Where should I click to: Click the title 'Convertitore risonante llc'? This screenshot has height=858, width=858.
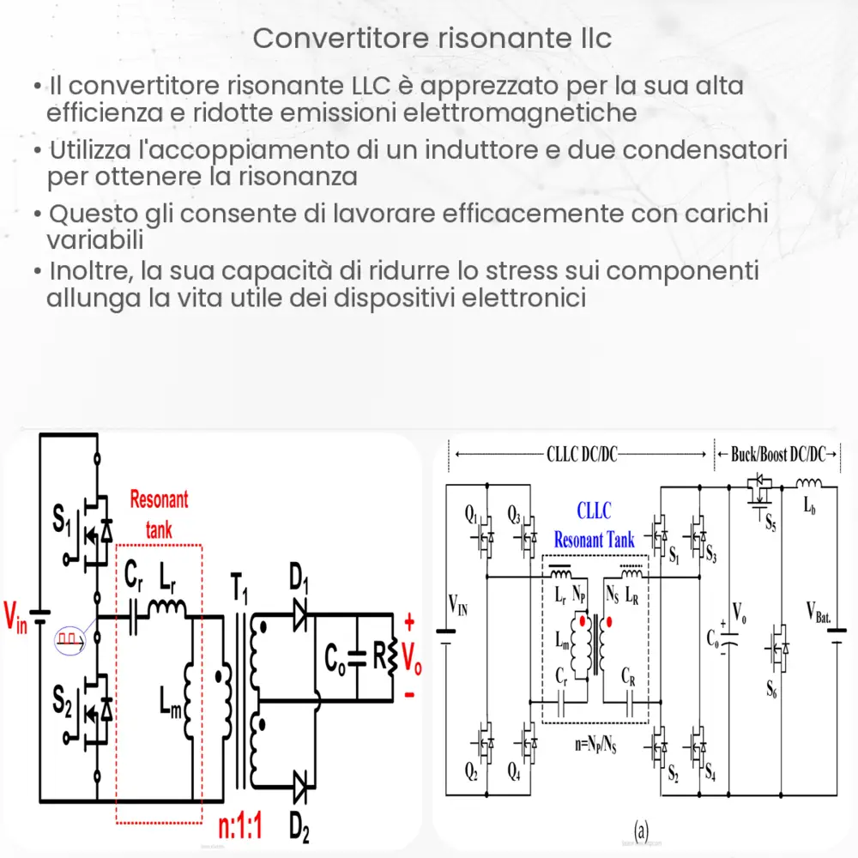(x=433, y=39)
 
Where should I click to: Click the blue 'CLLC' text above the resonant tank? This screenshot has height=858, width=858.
(x=594, y=512)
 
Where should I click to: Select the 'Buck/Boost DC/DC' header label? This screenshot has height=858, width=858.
(x=782, y=455)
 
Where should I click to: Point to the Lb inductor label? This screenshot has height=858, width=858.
(x=809, y=507)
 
